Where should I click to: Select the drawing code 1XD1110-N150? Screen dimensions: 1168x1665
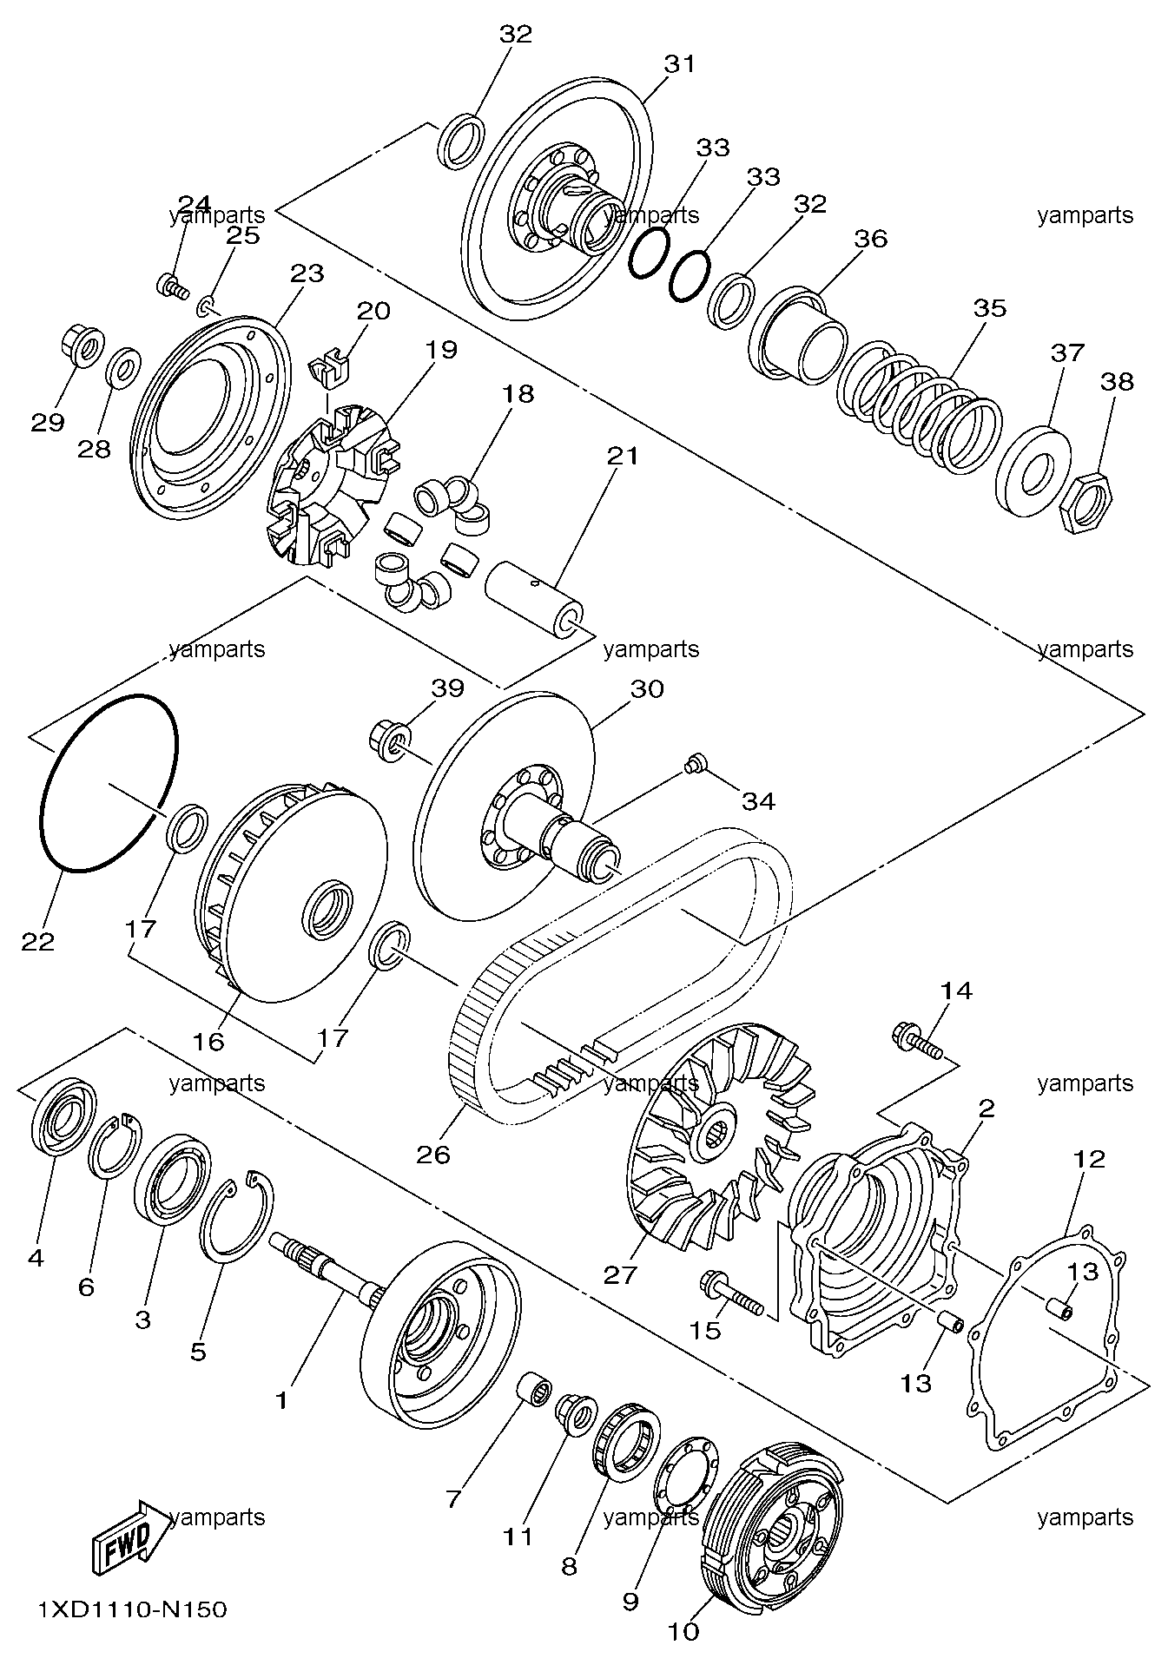(132, 1609)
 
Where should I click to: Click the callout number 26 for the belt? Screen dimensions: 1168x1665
(433, 1154)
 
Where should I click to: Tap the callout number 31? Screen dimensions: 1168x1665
(680, 63)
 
